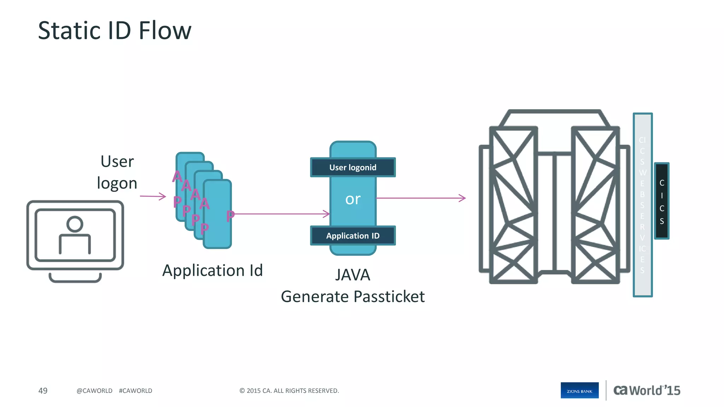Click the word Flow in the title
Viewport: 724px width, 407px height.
pyautogui.click(x=165, y=30)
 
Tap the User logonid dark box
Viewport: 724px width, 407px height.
pyautogui.click(x=352, y=167)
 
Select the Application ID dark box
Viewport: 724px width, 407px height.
pyautogui.click(x=352, y=236)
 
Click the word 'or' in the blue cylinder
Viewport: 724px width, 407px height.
pyautogui.click(x=352, y=199)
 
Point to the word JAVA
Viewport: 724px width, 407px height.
pyautogui.click(x=352, y=275)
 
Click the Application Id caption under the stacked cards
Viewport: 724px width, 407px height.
pyautogui.click(x=212, y=271)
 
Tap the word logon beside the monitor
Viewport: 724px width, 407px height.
pyautogui.click(x=117, y=183)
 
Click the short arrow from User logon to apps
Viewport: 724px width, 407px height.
pyautogui.click(x=153, y=196)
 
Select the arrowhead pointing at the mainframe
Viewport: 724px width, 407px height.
pyautogui.click(x=462, y=198)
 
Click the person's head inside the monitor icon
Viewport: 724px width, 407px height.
pyautogui.click(x=75, y=224)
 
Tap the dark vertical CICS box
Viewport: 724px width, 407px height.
pyautogui.click(x=661, y=201)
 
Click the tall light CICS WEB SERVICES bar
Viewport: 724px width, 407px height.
pyautogui.click(x=642, y=205)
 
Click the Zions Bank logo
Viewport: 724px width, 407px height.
pyautogui.click(x=579, y=390)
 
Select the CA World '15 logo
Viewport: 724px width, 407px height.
pyautogui.click(x=647, y=390)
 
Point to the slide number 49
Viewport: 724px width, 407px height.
pyautogui.click(x=43, y=391)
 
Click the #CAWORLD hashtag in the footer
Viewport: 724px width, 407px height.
pyautogui.click(x=135, y=391)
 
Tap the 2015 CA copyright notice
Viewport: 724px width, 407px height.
pyautogui.click(x=289, y=391)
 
